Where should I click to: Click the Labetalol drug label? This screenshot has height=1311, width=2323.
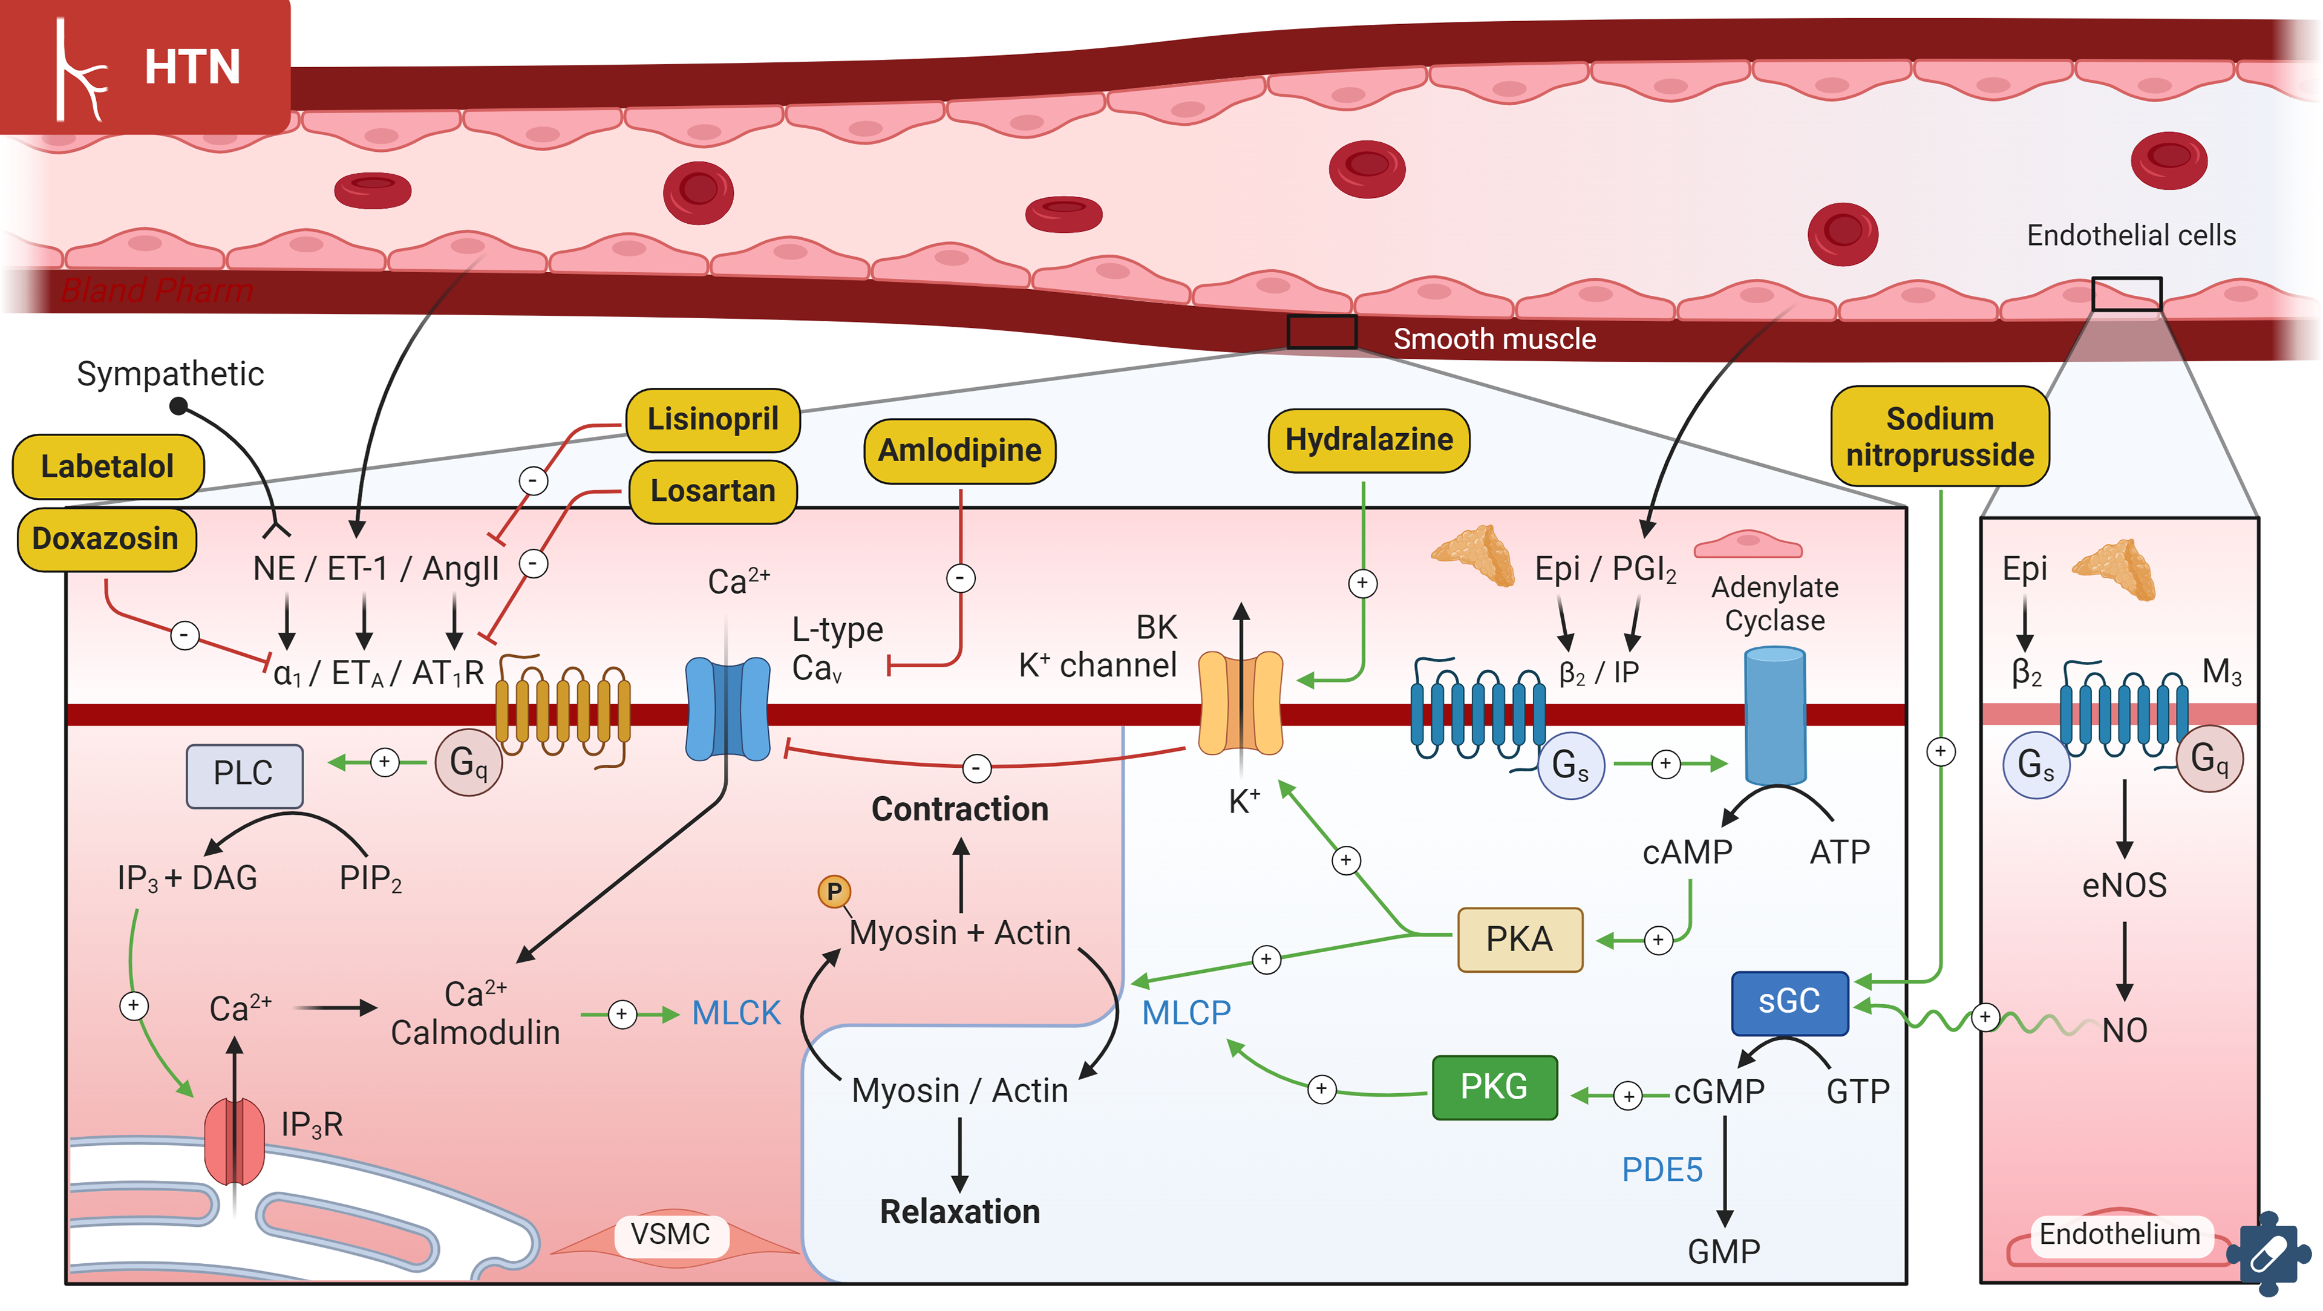click(x=107, y=466)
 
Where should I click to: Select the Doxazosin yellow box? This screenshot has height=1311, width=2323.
click(x=105, y=538)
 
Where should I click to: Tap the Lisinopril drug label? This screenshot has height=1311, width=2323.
click(x=713, y=419)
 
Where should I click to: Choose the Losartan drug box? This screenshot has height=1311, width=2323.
click(x=713, y=491)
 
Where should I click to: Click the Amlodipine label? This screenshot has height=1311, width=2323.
click(x=959, y=450)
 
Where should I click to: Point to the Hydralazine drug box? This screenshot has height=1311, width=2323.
click(x=1368, y=440)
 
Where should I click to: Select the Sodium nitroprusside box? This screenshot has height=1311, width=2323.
click(x=1939, y=436)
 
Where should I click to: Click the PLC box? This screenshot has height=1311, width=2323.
click(x=243, y=774)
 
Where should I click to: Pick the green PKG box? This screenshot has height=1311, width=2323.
click(x=1494, y=1087)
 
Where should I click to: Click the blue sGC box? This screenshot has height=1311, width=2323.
click(x=1789, y=1002)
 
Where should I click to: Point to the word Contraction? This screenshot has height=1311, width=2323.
click(x=959, y=809)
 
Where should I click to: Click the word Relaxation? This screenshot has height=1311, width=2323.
click(x=959, y=1211)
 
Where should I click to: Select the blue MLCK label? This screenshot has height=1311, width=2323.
click(x=736, y=1013)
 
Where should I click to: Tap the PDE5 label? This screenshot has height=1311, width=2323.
click(x=1661, y=1169)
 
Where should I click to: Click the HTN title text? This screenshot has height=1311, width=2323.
click(x=192, y=68)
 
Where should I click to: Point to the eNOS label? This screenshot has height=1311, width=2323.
click(x=2124, y=886)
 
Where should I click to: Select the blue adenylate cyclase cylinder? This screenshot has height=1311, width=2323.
click(x=1775, y=717)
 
